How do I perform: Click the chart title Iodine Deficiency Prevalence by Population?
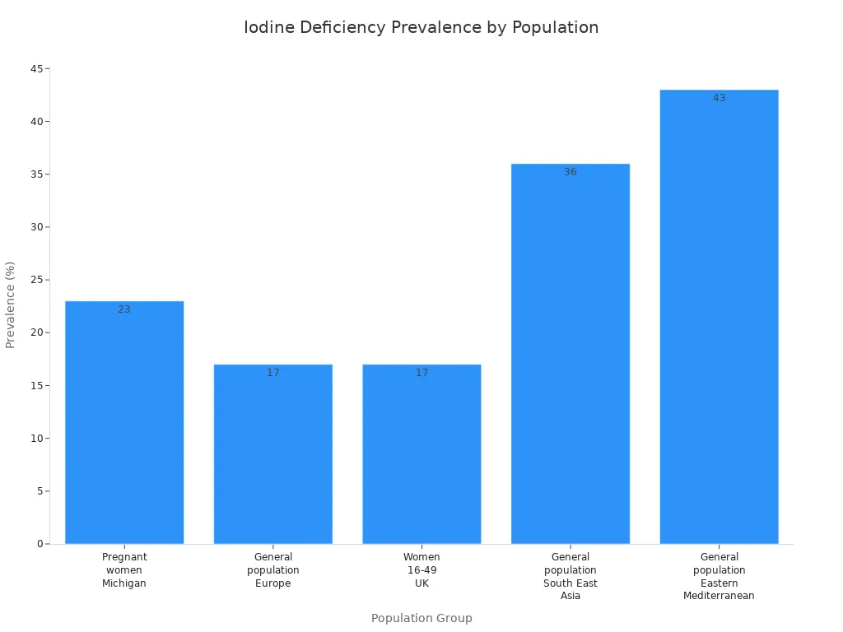(421, 27)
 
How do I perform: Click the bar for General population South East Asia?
(571, 354)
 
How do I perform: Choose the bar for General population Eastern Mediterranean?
(719, 317)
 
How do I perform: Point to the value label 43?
(719, 98)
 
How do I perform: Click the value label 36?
(571, 172)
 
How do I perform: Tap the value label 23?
(124, 309)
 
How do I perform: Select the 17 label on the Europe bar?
(273, 373)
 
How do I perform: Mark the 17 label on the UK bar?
(421, 373)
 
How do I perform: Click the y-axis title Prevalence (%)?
(11, 304)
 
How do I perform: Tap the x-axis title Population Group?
(421, 618)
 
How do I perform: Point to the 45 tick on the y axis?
(36, 68)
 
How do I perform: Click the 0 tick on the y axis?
(40, 544)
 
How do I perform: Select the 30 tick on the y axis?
(36, 227)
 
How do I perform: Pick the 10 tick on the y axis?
(36, 439)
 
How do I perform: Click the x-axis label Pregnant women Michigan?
(124, 570)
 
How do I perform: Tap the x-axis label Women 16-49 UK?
(421, 570)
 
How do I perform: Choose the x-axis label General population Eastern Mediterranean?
(719, 576)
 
